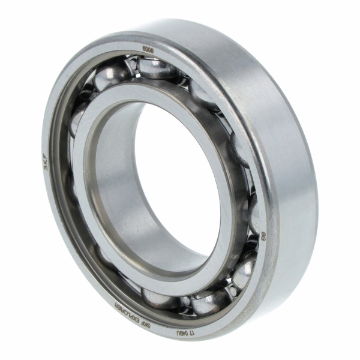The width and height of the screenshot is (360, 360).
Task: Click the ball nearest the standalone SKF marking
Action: (x=76, y=120)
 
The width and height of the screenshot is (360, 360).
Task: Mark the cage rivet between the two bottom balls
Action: (x=187, y=301)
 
